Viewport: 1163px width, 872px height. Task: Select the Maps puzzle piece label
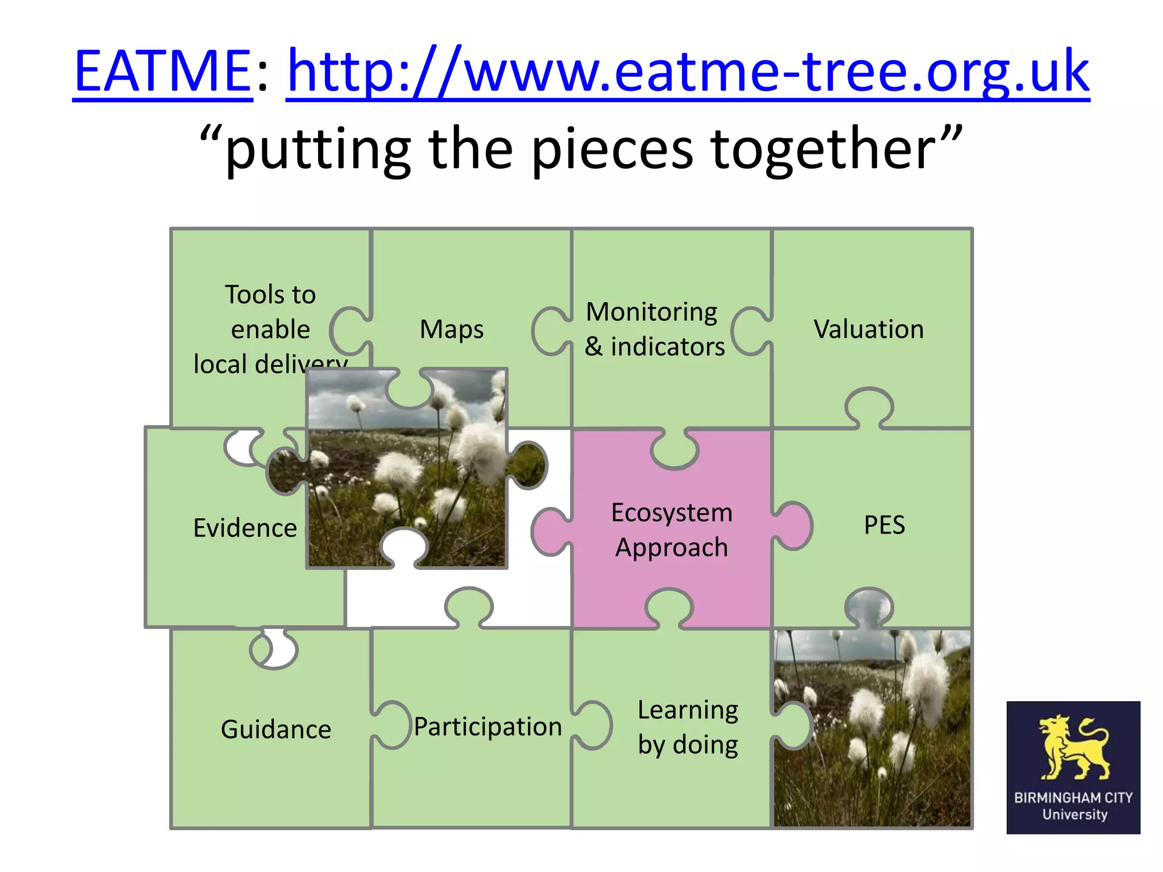coord(451,329)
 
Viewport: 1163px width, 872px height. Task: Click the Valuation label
coord(868,329)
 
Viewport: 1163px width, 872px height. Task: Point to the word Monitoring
coord(651,312)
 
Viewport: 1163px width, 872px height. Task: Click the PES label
coord(884,525)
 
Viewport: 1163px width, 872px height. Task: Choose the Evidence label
coord(245,528)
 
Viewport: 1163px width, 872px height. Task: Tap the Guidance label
coord(276,730)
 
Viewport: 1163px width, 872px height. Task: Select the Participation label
coord(488,727)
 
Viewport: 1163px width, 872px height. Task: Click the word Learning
coord(688,710)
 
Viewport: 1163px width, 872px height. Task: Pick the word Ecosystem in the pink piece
coord(672,513)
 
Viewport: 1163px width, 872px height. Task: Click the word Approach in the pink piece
coord(672,548)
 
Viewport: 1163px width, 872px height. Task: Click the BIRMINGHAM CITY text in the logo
coord(1073,798)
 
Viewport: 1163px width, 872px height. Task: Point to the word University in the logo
coord(1074,815)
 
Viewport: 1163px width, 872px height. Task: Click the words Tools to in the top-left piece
coord(270,295)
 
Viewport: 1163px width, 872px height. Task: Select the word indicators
coord(668,347)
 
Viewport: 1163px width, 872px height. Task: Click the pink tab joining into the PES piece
coord(795,526)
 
